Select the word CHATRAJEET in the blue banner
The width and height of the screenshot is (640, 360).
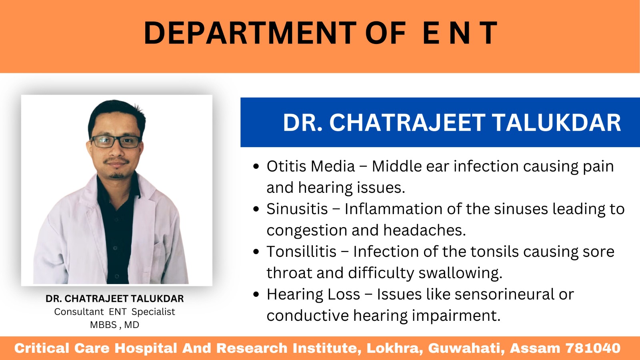click(408, 122)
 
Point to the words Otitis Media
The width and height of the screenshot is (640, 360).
click(310, 166)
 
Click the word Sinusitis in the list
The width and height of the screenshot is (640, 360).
click(297, 209)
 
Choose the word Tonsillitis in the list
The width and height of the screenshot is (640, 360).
click(302, 252)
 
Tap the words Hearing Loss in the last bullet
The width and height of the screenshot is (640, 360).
click(313, 294)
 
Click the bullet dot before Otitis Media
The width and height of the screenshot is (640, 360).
click(256, 166)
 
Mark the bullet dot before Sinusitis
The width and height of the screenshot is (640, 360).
click(256, 209)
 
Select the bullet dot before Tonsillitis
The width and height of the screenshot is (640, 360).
click(256, 252)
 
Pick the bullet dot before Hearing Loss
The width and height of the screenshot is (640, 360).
click(256, 294)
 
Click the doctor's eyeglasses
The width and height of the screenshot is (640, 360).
click(116, 142)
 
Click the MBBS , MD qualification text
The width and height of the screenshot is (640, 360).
click(114, 325)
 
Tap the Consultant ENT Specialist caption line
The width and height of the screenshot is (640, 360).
click(114, 312)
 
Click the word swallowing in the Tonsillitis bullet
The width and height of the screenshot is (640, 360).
click(460, 274)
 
